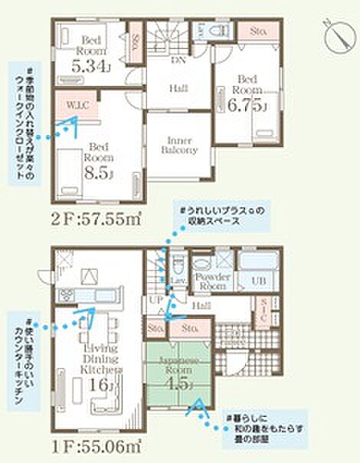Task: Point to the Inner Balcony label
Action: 178,145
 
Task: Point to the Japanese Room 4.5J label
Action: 180,371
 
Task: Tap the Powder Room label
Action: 211,281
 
